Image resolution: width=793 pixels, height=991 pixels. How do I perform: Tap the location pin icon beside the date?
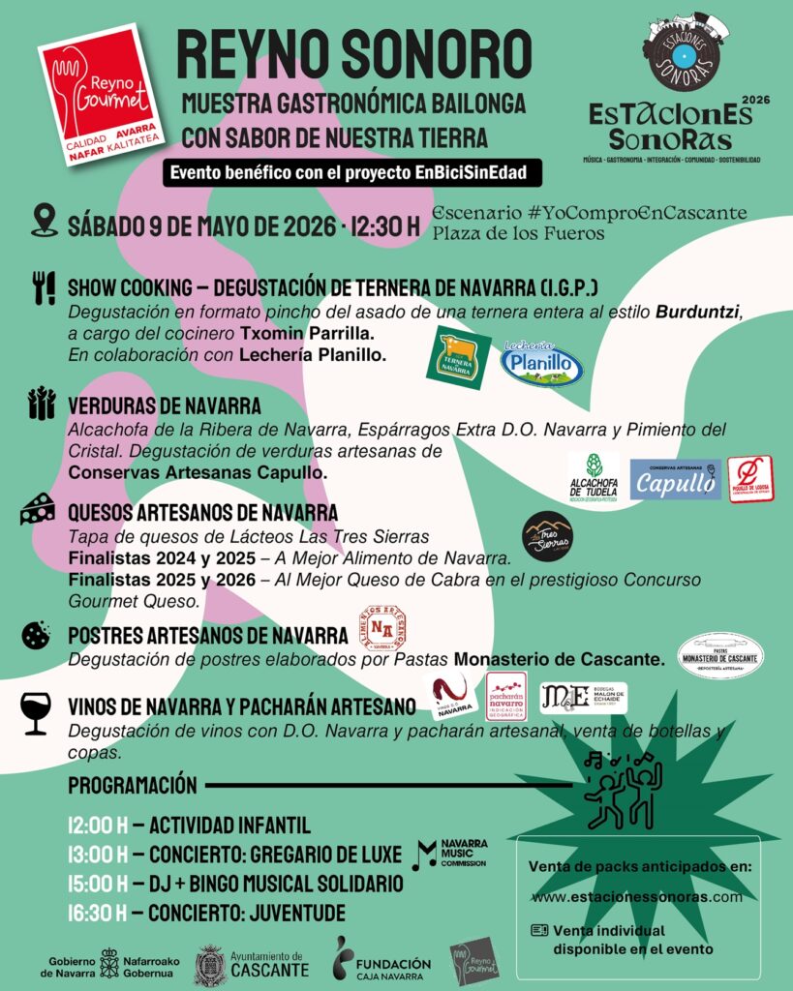point(45,221)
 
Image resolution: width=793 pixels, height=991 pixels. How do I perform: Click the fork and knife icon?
point(44,288)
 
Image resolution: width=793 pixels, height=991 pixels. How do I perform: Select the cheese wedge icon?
point(38,509)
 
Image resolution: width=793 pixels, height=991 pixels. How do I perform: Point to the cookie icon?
point(36,635)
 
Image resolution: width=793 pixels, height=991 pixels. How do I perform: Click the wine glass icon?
point(36,712)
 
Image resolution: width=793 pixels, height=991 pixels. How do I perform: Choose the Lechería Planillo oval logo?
point(541,364)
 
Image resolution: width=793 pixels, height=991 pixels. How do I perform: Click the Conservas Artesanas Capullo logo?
point(675,479)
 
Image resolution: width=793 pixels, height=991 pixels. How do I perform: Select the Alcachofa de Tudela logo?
point(594,476)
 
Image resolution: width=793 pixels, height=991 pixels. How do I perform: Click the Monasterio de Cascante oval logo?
point(719,657)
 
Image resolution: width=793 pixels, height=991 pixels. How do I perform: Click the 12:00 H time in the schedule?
point(98,826)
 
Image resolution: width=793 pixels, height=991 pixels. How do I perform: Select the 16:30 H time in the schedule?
point(98,913)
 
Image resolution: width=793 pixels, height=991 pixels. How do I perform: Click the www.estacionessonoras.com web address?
point(636,896)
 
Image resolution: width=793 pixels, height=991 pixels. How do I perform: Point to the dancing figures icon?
point(624,789)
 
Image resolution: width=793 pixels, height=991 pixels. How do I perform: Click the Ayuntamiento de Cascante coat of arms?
point(209,966)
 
